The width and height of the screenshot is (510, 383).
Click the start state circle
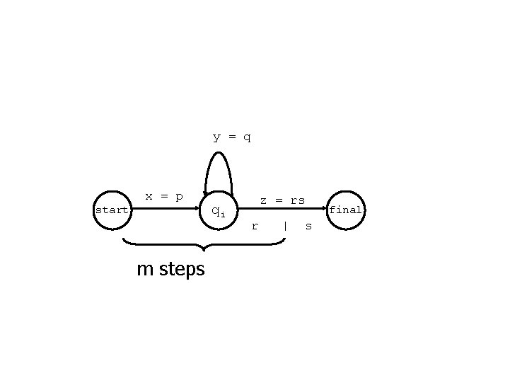pyautogui.click(x=112, y=210)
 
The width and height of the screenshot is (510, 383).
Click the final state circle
pyautogui.click(x=346, y=210)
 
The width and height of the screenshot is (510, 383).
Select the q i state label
pyautogui.click(x=219, y=211)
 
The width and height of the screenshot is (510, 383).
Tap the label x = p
pyautogui.click(x=164, y=195)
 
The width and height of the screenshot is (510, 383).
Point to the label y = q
pyautogui.click(x=232, y=136)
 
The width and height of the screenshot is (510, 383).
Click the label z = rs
pyautogui.click(x=282, y=200)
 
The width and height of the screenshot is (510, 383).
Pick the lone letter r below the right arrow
pyautogui.click(x=255, y=227)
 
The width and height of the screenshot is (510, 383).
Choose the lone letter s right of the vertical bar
pyautogui.click(x=308, y=227)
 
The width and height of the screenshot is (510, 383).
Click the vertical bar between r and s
pyautogui.click(x=284, y=227)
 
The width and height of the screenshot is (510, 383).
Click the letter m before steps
pyautogui.click(x=146, y=270)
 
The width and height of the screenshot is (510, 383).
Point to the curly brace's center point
pyautogui.click(x=204, y=248)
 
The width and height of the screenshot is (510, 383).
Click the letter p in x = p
pyautogui.click(x=179, y=196)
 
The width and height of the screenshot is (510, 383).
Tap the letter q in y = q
pyautogui.click(x=247, y=137)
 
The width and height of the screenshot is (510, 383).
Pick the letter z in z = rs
pyautogui.click(x=263, y=200)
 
